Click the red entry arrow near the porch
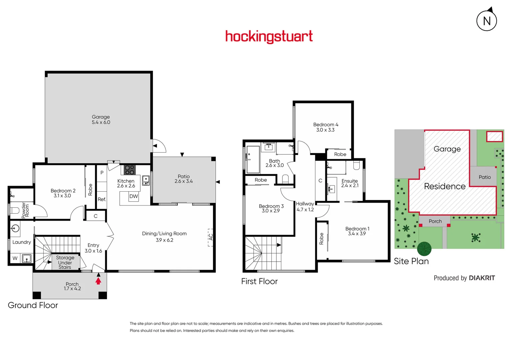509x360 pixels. coord(98,281)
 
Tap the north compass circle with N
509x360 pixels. coord(487,21)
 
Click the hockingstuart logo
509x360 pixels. coord(269,36)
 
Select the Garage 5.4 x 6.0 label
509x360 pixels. coord(101,120)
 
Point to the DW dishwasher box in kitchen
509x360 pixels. coord(134,196)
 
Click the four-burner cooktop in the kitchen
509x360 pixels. coord(130,170)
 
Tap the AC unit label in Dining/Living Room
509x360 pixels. coord(210,237)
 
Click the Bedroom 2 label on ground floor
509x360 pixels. coord(63,193)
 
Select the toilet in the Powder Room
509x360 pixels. coord(15,210)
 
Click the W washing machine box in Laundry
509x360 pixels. coord(15,258)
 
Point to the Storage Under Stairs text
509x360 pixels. coord(65,262)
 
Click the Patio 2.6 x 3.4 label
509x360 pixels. coord(184,179)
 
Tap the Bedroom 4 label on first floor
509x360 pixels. coord(326,127)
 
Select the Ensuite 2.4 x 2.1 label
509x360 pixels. coord(350,183)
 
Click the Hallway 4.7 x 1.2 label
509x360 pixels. coord(305,207)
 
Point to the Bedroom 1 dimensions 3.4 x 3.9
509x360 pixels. coord(357,234)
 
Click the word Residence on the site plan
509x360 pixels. coord(445,186)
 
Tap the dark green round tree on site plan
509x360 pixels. coord(424,248)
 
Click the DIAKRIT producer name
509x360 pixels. coord(482,278)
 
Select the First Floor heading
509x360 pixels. coord(259,281)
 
